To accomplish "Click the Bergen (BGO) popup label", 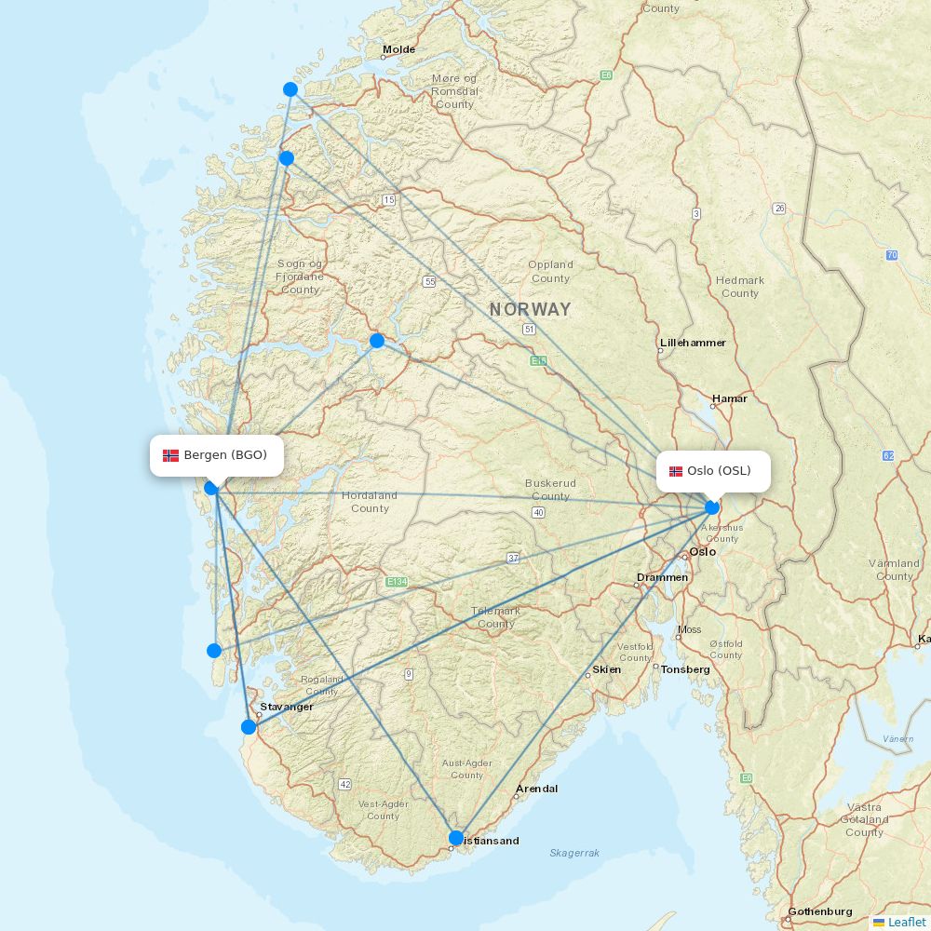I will click(217, 455).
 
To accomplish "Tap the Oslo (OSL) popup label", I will click(714, 471).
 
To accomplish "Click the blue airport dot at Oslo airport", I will click(712, 507).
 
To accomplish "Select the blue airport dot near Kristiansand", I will click(456, 838).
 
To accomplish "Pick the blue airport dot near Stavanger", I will click(249, 727).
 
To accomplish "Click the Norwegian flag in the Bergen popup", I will click(171, 455).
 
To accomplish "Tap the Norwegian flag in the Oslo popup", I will click(675, 471).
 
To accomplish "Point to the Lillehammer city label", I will click(693, 343).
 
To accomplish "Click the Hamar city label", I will click(730, 398).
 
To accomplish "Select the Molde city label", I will click(398, 49).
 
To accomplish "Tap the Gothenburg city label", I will click(820, 911).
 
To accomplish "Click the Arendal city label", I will click(537, 789).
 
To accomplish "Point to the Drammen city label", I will click(662, 577).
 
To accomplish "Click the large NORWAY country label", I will click(531, 309).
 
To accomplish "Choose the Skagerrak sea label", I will click(574, 853).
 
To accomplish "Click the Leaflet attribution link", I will click(906, 922).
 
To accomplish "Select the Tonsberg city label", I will click(685, 669).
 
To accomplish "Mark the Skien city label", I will click(607, 669).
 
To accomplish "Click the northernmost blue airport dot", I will click(290, 89).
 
